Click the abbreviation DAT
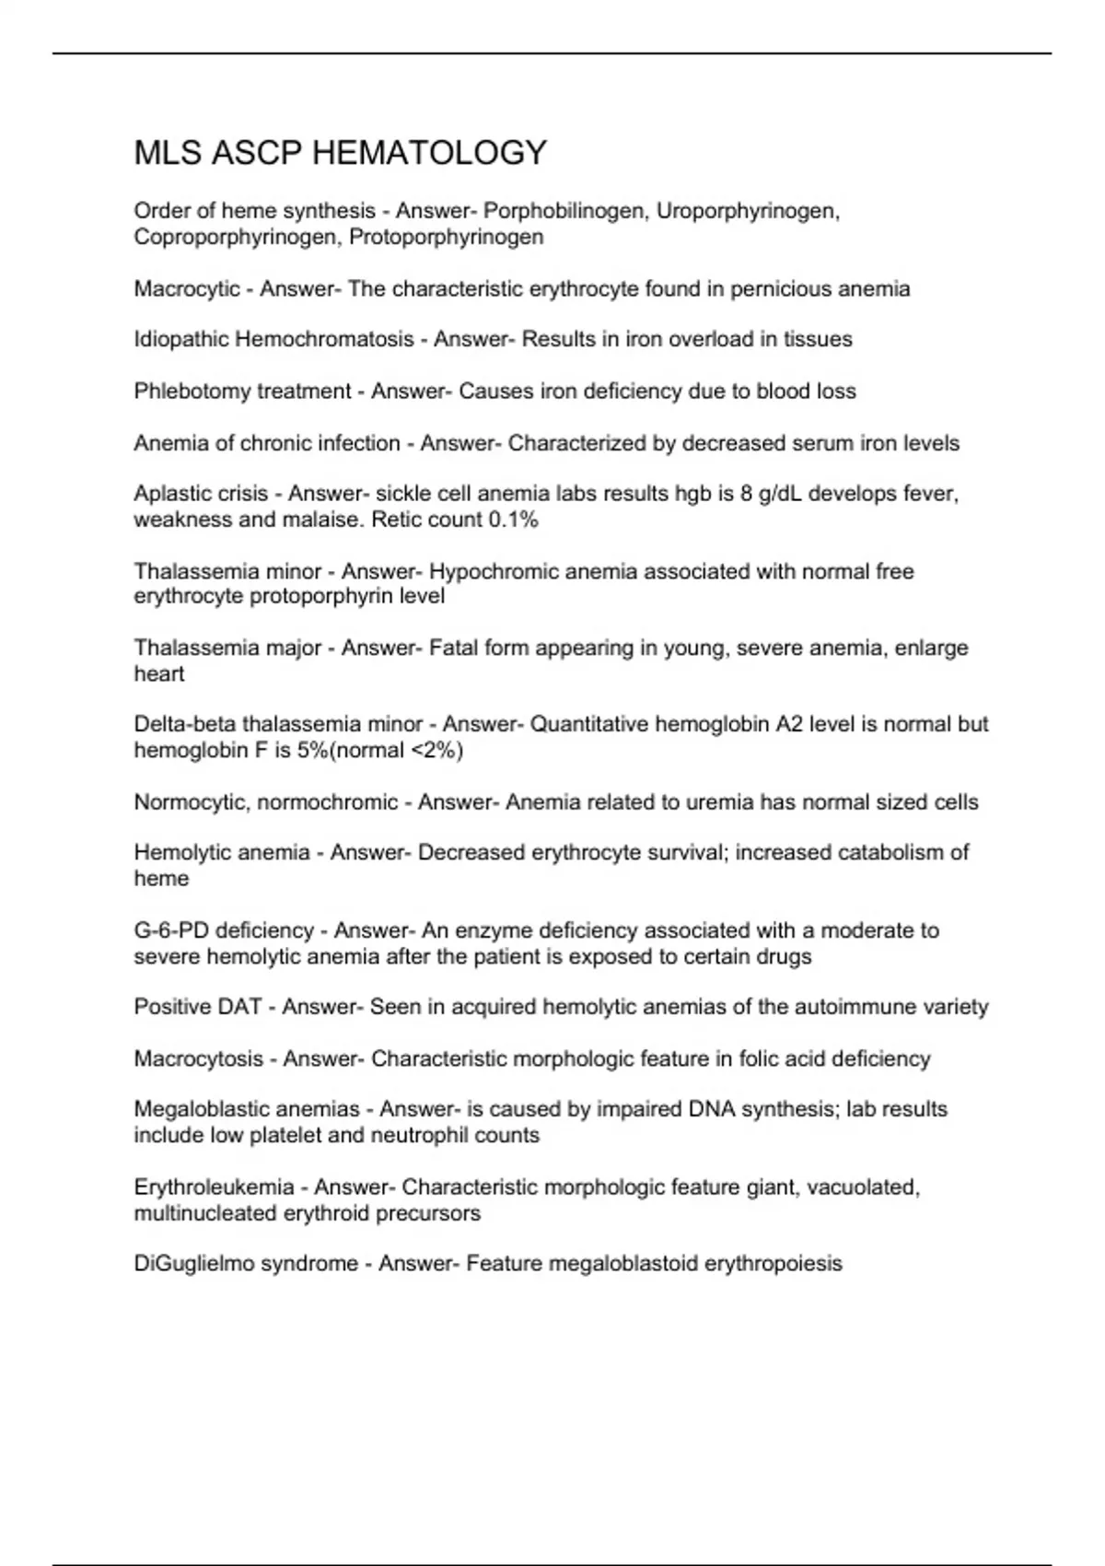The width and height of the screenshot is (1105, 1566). tap(240, 1007)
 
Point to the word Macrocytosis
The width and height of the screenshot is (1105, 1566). tap(198, 1058)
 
